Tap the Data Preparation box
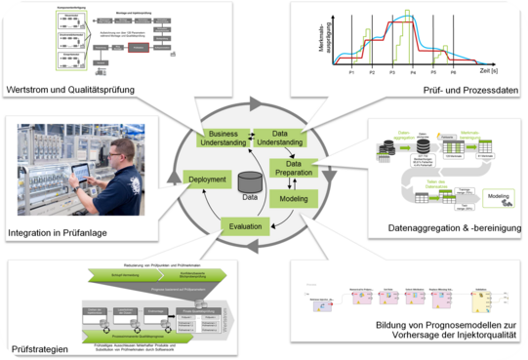(294, 169)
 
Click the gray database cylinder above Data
(251, 181)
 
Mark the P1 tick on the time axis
(350, 73)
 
